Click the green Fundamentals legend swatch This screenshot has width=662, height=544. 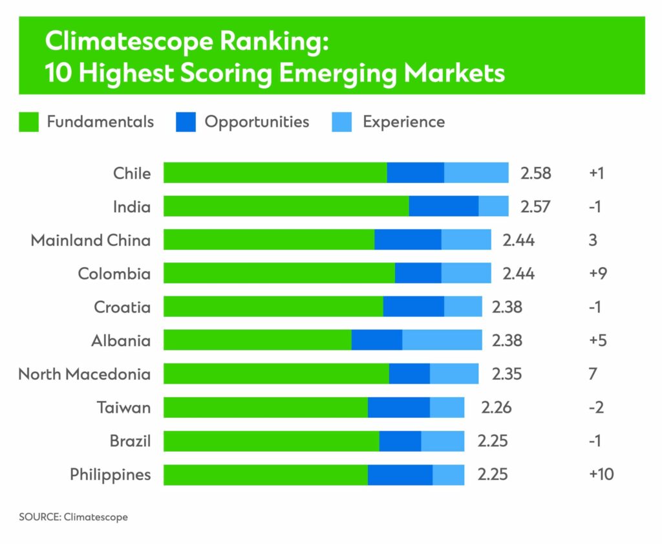tap(29, 122)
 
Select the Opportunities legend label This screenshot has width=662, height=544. tap(257, 122)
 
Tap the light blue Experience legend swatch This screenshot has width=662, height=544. tap(341, 122)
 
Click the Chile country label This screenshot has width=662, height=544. tap(132, 173)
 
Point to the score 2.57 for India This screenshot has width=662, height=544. tap(536, 206)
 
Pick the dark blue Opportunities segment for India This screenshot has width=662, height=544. tap(443, 206)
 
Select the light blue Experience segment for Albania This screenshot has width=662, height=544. tap(442, 340)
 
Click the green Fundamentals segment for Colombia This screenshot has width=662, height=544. tap(279, 274)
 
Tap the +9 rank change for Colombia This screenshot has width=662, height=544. tap(598, 274)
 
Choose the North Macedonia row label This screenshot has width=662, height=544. tap(84, 374)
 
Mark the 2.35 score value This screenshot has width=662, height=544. tap(506, 374)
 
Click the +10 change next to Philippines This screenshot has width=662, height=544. tap(601, 474)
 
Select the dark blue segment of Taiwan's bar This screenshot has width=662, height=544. tap(398, 408)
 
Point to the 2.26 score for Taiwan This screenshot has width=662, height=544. tap(496, 408)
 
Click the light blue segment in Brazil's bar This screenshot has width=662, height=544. tap(442, 441)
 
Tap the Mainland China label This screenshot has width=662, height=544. tap(91, 240)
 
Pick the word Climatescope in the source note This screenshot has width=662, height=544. tap(96, 517)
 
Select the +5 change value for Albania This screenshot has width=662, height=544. tap(598, 340)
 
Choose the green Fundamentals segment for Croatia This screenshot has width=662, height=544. tap(273, 307)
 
